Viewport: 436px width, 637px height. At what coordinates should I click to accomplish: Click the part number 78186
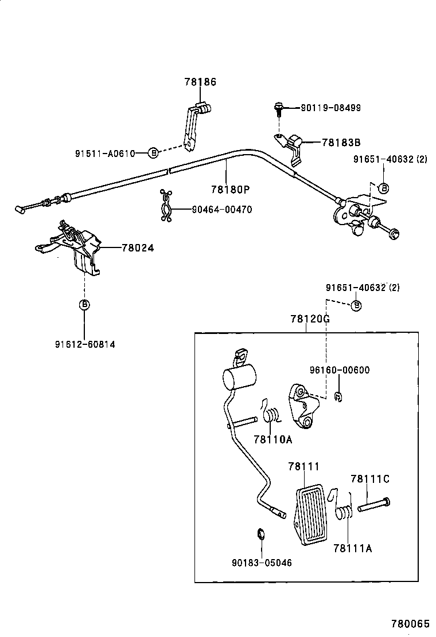click(200, 82)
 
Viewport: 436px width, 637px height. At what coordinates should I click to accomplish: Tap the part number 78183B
click(341, 143)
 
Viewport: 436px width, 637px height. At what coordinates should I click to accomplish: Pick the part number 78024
click(138, 248)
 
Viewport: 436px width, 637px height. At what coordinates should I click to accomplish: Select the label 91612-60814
click(85, 344)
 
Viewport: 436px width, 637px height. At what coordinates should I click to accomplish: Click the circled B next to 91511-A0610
click(153, 153)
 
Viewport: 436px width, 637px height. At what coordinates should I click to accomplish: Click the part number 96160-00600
click(340, 370)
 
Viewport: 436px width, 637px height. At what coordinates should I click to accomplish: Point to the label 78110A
click(273, 439)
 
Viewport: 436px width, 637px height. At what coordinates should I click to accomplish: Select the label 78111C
click(369, 478)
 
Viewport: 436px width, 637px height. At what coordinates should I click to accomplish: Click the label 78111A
click(352, 548)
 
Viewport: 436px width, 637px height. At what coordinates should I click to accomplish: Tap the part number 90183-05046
click(262, 563)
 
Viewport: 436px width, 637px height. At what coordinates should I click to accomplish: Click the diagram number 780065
click(410, 623)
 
